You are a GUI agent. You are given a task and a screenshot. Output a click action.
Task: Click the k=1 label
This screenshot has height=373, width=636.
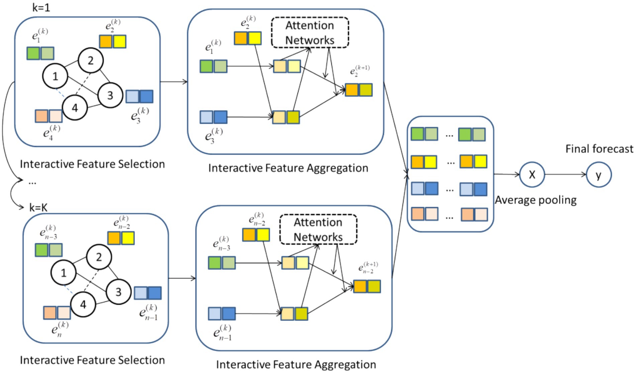(x=41, y=7)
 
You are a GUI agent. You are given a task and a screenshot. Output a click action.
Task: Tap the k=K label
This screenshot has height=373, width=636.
(x=38, y=208)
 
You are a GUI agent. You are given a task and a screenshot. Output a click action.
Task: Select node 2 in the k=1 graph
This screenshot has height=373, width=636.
(x=91, y=60)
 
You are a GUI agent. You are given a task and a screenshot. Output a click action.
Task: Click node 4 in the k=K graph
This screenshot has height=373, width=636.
(x=83, y=304)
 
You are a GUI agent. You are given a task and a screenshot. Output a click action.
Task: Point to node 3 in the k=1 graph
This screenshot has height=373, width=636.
(x=110, y=96)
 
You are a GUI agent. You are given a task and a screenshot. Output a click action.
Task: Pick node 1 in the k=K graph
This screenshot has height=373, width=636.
(x=64, y=273)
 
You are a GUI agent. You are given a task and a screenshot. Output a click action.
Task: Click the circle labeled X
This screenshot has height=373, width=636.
(x=532, y=175)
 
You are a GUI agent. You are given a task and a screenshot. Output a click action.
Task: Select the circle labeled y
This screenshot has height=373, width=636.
(x=599, y=175)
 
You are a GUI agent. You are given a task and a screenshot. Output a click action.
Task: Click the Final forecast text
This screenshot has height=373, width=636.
(x=599, y=149)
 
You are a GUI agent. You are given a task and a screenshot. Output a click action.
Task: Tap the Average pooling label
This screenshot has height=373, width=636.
(x=536, y=200)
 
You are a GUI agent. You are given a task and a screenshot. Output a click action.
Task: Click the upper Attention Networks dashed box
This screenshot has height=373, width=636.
(x=310, y=32)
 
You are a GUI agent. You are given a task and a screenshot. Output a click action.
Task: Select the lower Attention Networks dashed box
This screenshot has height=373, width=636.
(x=318, y=229)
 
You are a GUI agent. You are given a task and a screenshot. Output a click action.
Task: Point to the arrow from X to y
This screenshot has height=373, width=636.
(x=565, y=175)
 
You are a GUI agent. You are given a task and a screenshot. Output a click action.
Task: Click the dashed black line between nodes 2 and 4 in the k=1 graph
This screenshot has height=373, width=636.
(x=83, y=84)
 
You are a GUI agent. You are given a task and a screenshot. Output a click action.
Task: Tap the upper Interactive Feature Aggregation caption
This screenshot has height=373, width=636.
(x=288, y=168)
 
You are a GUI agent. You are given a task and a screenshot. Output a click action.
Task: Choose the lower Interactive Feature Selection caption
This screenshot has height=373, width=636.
(x=92, y=360)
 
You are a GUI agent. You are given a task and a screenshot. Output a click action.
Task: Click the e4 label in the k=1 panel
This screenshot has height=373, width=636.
(x=51, y=132)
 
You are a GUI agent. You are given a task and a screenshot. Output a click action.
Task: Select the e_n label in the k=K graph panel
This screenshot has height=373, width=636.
(x=60, y=329)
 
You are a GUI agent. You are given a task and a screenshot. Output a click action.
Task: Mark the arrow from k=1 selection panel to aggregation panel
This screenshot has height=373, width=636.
(x=174, y=82)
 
